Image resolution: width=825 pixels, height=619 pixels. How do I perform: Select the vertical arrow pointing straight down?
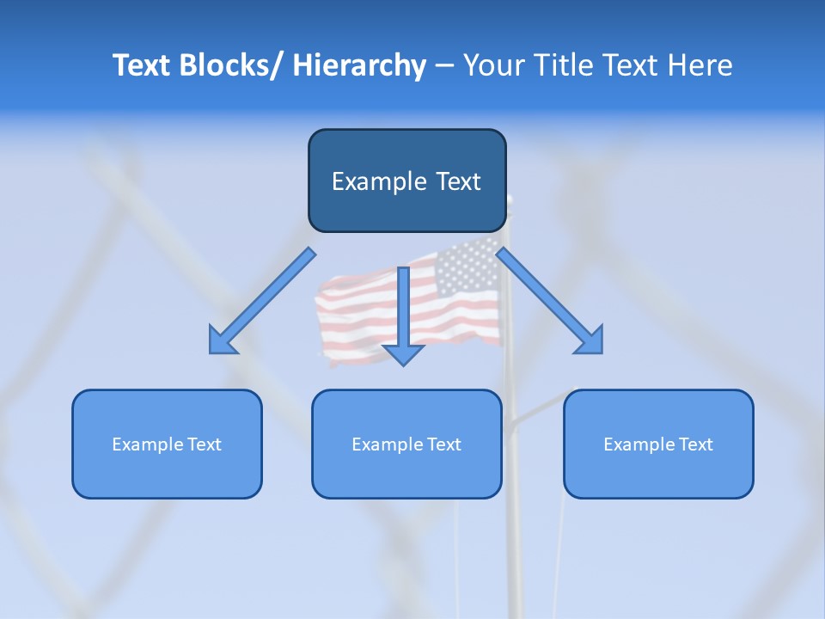(x=403, y=309)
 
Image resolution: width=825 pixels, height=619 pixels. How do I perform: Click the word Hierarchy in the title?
(x=359, y=65)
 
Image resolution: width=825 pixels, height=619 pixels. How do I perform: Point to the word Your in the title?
(x=491, y=65)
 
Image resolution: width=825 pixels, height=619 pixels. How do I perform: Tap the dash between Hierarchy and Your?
(x=444, y=65)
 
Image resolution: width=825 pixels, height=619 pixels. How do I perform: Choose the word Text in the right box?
(x=696, y=444)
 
